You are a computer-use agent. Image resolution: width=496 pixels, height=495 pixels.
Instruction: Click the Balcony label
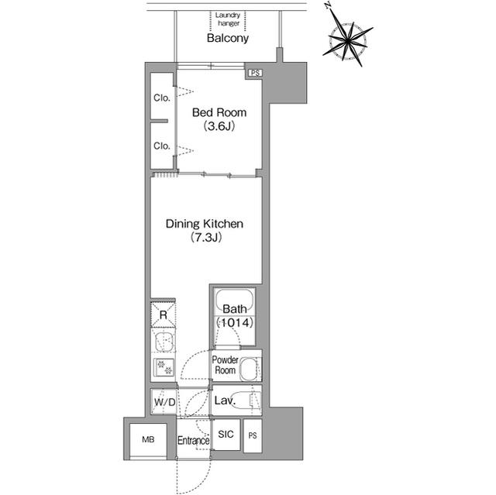click(x=227, y=38)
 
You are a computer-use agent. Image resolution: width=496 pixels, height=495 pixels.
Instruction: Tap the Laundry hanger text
click(x=228, y=19)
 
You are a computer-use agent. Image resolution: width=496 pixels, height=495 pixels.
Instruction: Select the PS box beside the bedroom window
click(x=255, y=73)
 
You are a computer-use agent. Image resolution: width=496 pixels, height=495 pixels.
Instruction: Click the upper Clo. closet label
click(x=162, y=98)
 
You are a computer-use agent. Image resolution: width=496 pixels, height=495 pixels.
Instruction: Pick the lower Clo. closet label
click(x=162, y=146)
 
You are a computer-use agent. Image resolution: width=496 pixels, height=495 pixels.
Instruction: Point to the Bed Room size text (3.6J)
click(x=219, y=126)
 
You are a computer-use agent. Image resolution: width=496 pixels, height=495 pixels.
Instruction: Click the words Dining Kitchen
click(x=205, y=224)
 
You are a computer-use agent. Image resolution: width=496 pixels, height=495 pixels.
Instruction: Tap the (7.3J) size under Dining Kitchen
click(x=206, y=237)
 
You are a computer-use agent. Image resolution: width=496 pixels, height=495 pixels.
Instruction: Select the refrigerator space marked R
click(x=164, y=315)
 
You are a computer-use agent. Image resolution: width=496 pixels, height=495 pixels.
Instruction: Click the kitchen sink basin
click(x=164, y=342)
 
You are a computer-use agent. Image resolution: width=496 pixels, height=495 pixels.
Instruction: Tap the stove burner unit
click(x=164, y=367)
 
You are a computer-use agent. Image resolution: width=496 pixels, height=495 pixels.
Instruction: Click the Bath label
click(x=235, y=309)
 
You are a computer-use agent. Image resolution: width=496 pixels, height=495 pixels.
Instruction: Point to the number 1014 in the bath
click(x=236, y=323)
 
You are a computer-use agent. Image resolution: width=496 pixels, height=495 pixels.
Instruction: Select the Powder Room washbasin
click(x=250, y=370)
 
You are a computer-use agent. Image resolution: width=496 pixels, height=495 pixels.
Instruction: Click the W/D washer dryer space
click(x=164, y=402)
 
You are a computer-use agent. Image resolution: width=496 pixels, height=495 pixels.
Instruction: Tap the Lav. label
click(x=225, y=400)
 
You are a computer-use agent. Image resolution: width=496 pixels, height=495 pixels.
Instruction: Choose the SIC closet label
click(x=226, y=435)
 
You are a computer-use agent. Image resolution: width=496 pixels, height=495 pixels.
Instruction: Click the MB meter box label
click(x=148, y=439)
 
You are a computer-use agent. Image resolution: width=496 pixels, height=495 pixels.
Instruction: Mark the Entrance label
click(x=193, y=440)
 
